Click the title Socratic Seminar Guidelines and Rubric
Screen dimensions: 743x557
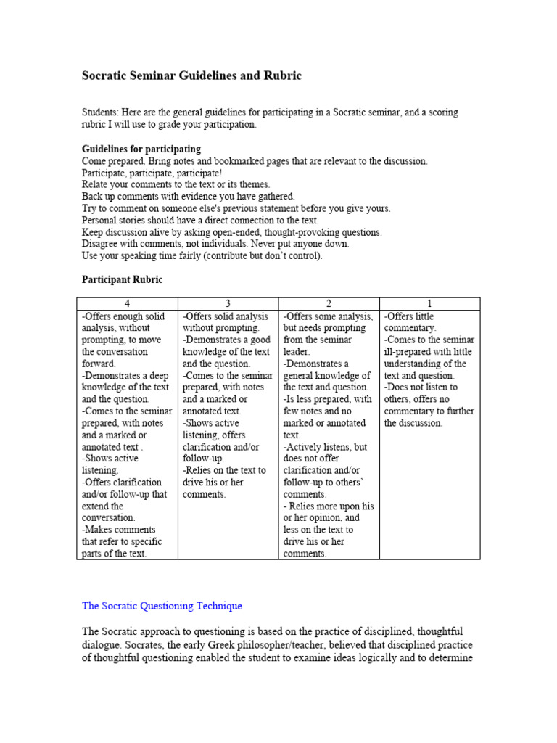pyautogui.click(x=191, y=75)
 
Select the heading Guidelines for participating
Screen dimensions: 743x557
pyautogui.click(x=141, y=149)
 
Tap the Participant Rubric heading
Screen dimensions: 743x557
pyautogui.click(x=123, y=279)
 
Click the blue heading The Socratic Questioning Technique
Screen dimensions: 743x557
pyautogui.click(x=162, y=605)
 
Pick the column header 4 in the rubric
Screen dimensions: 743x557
pyautogui.click(x=127, y=304)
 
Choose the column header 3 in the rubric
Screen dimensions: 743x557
pyautogui.click(x=228, y=304)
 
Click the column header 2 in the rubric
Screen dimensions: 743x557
pyautogui.click(x=329, y=304)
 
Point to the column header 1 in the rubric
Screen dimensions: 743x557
pyautogui.click(x=429, y=304)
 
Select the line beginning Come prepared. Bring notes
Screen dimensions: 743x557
pyautogui.click(x=255, y=160)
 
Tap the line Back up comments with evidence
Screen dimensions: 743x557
pyautogui.click(x=189, y=196)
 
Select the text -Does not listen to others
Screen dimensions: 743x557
pyautogui.click(x=421, y=387)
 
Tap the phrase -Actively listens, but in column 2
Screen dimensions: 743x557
pyautogui.click(x=326, y=446)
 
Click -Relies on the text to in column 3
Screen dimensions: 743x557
pyautogui.click(x=224, y=470)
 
